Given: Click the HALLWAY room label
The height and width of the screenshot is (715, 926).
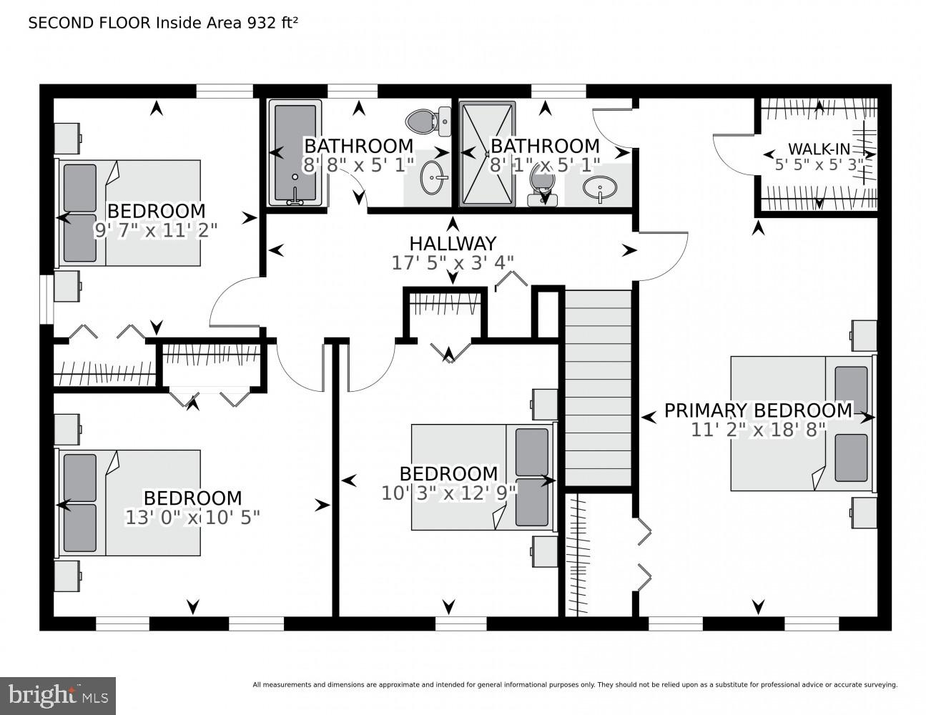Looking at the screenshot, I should (452, 244).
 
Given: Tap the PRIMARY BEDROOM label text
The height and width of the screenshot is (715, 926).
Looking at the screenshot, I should (758, 410).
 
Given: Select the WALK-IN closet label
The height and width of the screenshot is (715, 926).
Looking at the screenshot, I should (819, 149).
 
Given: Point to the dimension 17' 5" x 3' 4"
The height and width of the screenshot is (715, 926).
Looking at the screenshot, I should (452, 263).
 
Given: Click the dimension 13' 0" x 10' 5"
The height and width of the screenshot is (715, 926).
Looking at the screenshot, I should (192, 517).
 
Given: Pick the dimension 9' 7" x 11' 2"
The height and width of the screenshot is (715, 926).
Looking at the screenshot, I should (155, 230).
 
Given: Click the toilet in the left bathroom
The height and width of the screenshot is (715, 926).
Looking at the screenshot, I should (428, 122).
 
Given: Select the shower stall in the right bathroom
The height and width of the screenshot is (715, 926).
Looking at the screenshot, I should (487, 153).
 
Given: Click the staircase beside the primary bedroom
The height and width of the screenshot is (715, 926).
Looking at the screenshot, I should (599, 386).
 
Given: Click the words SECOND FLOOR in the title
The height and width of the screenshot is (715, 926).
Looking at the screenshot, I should (89, 23).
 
